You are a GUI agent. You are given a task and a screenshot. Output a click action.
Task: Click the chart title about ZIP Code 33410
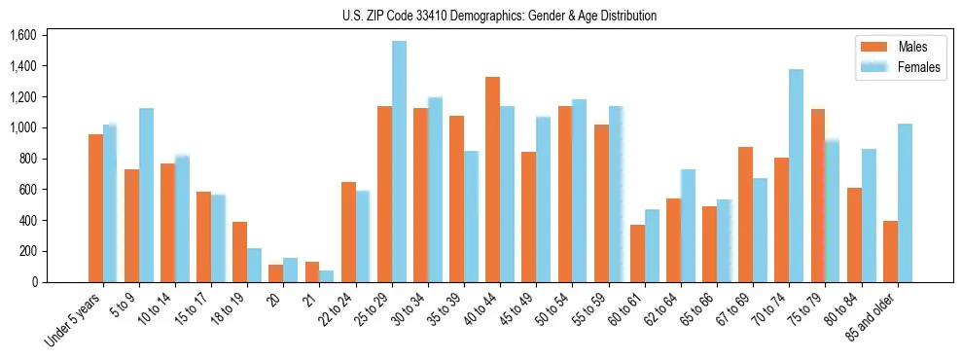point(500,16)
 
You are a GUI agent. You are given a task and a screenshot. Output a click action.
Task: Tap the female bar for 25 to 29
point(399,162)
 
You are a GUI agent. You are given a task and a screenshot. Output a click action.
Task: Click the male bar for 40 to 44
point(493,180)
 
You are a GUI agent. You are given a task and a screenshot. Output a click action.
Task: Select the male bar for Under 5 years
point(95,208)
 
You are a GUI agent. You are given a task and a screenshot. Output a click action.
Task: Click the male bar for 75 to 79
point(817,196)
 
